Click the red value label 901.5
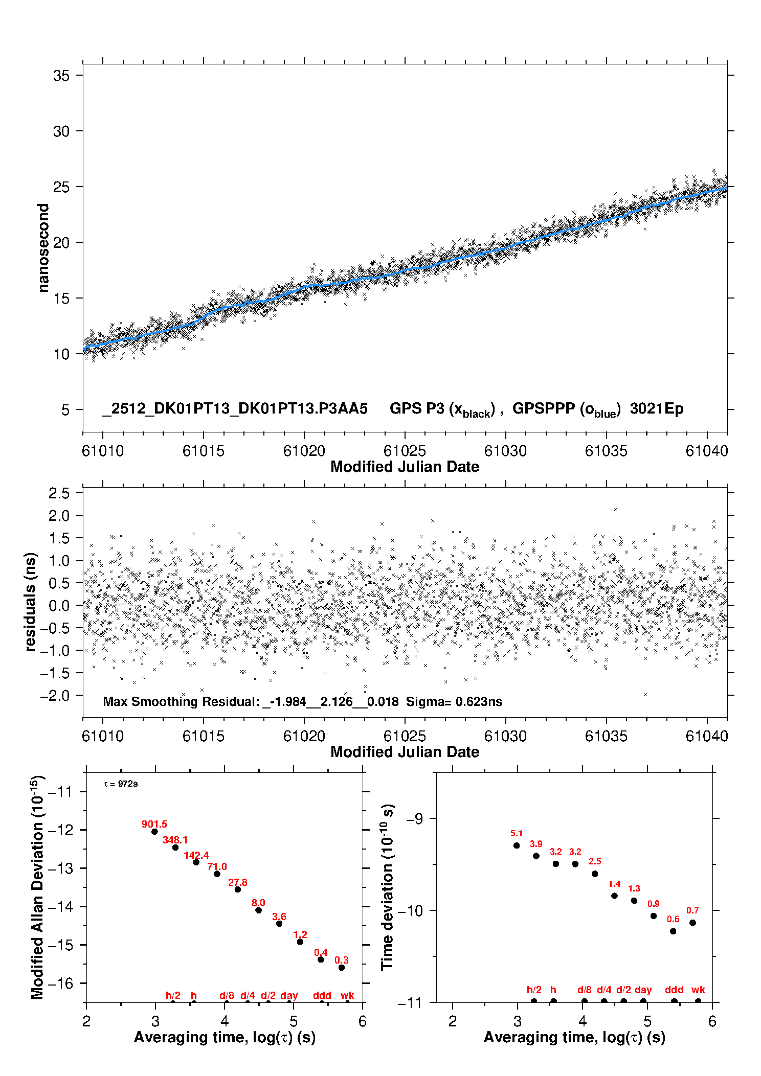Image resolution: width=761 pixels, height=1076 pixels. pyautogui.click(x=154, y=824)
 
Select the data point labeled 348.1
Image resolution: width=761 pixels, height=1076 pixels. pyautogui.click(x=175, y=848)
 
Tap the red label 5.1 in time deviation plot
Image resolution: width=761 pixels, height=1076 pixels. pyautogui.click(x=517, y=834)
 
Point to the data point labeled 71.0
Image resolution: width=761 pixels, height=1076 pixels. pyautogui.click(x=217, y=874)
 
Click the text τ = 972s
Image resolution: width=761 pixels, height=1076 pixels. pyautogui.click(x=121, y=784)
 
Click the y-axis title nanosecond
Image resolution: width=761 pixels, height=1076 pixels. pyautogui.click(x=43, y=248)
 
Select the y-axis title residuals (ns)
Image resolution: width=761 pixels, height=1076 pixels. pyautogui.click(x=30, y=602)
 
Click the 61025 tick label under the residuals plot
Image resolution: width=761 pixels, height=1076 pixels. pyautogui.click(x=405, y=736)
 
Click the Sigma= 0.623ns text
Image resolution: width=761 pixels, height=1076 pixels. pyautogui.click(x=454, y=702)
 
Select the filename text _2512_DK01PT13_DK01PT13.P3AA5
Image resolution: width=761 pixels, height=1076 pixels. pyautogui.click(x=235, y=409)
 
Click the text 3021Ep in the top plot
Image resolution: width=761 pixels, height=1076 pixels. pyautogui.click(x=657, y=409)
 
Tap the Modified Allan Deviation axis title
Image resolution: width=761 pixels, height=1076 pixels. pyautogui.click(x=38, y=887)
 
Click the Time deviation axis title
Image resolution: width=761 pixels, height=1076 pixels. pyautogui.click(x=388, y=887)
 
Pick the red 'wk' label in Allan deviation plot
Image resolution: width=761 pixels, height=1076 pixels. pyautogui.click(x=347, y=995)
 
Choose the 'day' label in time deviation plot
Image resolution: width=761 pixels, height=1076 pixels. pyautogui.click(x=643, y=990)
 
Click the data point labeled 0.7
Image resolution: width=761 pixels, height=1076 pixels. pyautogui.click(x=692, y=923)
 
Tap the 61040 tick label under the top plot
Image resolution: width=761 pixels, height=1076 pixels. pyautogui.click(x=707, y=451)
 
